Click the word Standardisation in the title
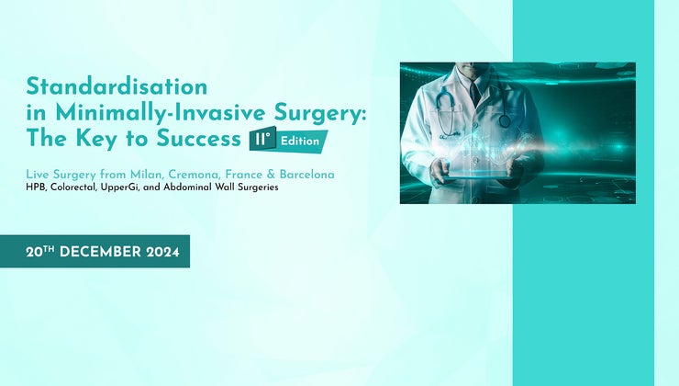tap(117, 86)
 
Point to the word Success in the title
tap(194, 141)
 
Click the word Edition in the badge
tap(302, 142)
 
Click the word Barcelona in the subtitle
tap(308, 174)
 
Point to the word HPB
tap(36, 187)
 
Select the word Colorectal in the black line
tap(77, 187)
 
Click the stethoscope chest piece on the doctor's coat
tap(505, 120)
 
